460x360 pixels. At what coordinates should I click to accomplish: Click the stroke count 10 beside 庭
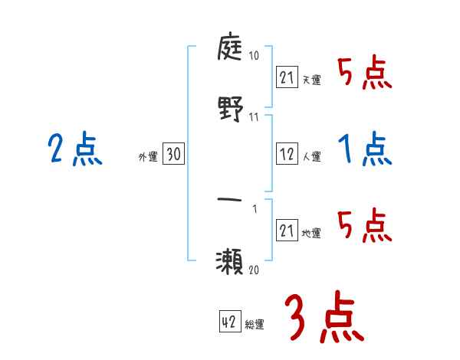point(254,56)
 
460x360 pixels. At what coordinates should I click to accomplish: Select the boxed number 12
point(287,153)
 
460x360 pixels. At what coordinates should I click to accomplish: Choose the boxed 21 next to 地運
point(287,231)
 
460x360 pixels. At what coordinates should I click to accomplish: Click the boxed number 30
point(173,155)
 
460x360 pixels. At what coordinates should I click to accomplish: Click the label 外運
point(147,157)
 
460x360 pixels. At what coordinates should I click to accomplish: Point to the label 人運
point(312,156)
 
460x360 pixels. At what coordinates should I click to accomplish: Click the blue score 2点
point(75,149)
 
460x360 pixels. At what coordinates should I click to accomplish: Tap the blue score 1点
point(365,149)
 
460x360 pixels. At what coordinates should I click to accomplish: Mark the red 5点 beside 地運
point(365,225)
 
